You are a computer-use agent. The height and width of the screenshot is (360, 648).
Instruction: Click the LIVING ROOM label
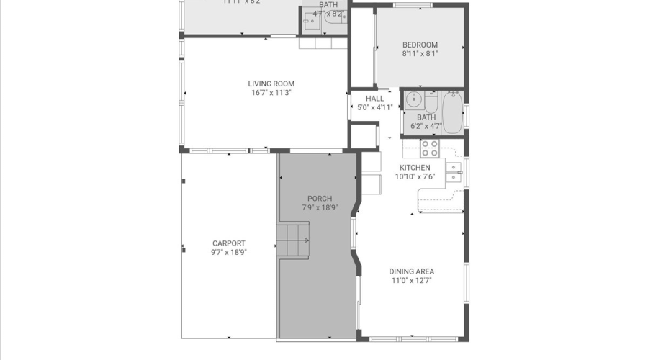coord(271,84)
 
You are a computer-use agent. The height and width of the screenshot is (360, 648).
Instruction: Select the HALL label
coord(374,99)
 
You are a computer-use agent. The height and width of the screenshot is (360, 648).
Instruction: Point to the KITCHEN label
coord(415,168)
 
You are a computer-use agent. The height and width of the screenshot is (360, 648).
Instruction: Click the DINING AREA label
coord(412,271)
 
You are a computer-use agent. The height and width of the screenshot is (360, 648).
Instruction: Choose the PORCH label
coord(320,199)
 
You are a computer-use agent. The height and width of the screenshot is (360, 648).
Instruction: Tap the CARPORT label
coord(228,243)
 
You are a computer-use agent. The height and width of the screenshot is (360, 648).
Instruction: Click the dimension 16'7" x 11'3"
coord(271,93)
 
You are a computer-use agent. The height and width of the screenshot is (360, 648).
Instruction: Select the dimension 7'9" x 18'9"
coord(320,207)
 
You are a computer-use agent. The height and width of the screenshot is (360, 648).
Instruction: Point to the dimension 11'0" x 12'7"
coord(412,281)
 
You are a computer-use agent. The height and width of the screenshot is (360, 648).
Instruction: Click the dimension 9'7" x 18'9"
coord(228,252)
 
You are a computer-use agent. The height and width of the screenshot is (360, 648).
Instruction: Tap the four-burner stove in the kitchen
coord(430,148)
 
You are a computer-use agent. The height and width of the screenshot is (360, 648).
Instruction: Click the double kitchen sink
coord(454,173)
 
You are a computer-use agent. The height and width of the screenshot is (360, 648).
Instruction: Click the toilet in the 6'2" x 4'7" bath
coord(431,101)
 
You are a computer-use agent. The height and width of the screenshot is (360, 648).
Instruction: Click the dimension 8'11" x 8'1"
coord(420,53)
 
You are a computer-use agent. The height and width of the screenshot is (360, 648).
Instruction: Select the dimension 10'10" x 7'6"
coord(415,176)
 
